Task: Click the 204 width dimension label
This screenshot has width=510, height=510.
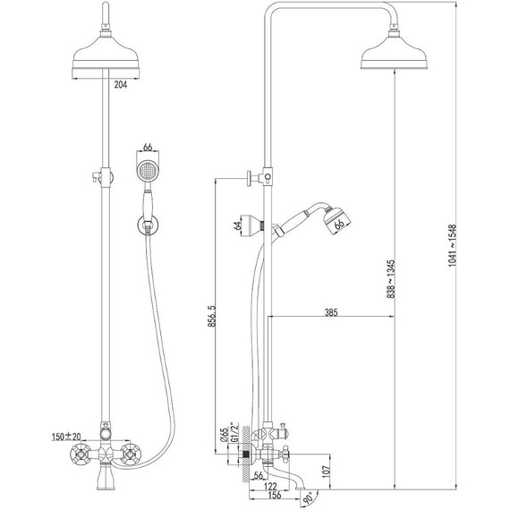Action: click(121, 85)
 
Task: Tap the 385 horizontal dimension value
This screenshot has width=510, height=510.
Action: click(331, 312)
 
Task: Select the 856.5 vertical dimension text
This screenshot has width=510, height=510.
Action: click(212, 316)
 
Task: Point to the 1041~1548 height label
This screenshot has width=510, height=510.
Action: click(453, 245)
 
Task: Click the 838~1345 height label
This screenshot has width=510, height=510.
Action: click(391, 279)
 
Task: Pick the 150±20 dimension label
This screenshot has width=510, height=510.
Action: click(66, 437)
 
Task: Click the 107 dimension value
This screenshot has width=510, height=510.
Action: click(327, 471)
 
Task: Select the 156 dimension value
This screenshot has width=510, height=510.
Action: click(274, 495)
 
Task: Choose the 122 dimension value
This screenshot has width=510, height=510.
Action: click(270, 486)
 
